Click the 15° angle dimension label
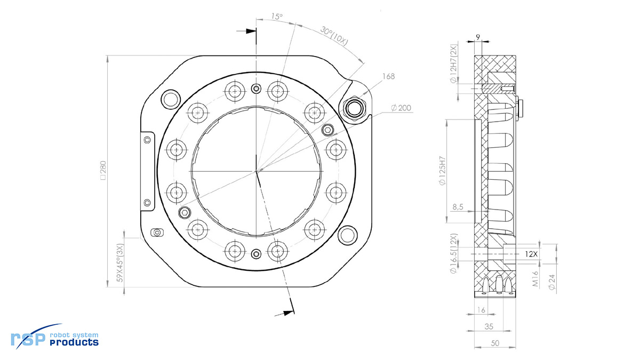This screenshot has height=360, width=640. click(276, 17)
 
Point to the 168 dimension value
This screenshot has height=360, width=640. click(388, 77)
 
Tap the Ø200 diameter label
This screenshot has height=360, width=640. click(401, 108)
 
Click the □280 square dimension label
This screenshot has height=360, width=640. click(102, 171)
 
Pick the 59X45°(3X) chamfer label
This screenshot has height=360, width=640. click(120, 262)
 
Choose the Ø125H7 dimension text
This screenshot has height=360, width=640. click(442, 171)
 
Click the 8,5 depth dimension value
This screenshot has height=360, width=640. click(458, 206)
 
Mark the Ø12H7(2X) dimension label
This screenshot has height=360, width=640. click(453, 63)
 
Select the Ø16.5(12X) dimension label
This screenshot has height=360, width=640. click(453, 253)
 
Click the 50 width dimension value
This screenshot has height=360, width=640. click(495, 345)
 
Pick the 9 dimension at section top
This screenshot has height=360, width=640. click(478, 37)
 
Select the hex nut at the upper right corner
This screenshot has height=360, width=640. click(353, 108)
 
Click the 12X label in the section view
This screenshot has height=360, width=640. click(531, 254)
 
